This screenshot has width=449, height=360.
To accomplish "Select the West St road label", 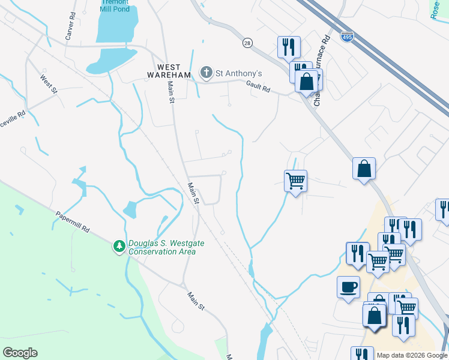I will pos(49,84).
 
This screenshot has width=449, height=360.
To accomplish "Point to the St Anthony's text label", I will pos(239,74).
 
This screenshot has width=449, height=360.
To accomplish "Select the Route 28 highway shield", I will pos(247,43).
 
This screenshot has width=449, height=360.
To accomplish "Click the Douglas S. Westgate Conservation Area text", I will pos(162,247).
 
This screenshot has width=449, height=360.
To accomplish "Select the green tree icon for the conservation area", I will pos(119,246).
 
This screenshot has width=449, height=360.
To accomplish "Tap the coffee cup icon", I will pos(348,287).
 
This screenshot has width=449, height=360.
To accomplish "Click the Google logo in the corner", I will pos(20,353).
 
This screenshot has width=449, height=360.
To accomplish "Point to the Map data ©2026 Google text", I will pos(411,355).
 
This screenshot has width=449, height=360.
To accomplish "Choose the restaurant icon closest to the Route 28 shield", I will pos(288,46).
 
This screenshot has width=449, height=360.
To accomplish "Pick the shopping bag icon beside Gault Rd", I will pos(306,81).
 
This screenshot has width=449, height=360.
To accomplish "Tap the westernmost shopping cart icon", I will pos(295,179).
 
